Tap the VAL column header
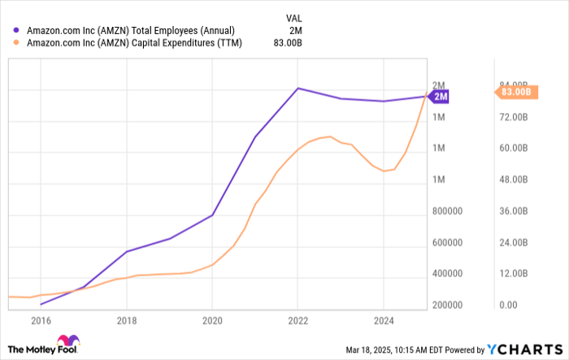pyautogui.click(x=296, y=15)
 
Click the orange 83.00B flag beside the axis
pyautogui.click(x=514, y=92)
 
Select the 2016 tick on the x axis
pyautogui.click(x=41, y=320)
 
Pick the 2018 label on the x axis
pyautogui.click(x=126, y=320)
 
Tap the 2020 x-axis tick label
pyautogui.click(x=211, y=320)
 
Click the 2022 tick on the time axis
pyautogui.click(x=298, y=320)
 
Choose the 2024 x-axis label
pyautogui.click(x=383, y=320)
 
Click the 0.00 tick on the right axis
pyautogui.click(x=507, y=306)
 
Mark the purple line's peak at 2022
pyautogui.click(x=298, y=88)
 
